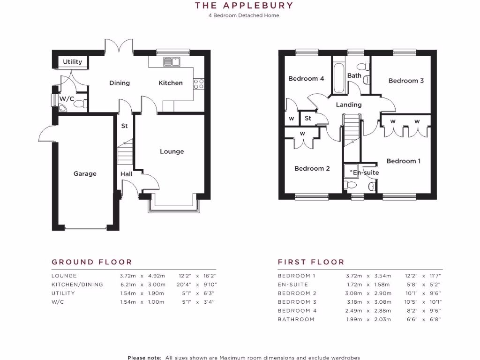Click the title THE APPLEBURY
tap(244, 6)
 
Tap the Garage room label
tap(85, 173)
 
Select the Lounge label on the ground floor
tap(172, 151)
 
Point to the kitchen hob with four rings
tap(199, 83)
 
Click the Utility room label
tap(73, 62)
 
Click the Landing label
tap(349, 105)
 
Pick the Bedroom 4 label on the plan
tap(306, 78)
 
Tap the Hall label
tap(127, 174)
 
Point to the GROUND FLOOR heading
tap(92, 262)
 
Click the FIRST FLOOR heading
tap(311, 262)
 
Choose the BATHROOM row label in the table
tap(296, 319)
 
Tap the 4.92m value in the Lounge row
tap(157, 276)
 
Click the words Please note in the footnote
tap(144, 358)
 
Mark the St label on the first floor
tap(308, 118)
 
